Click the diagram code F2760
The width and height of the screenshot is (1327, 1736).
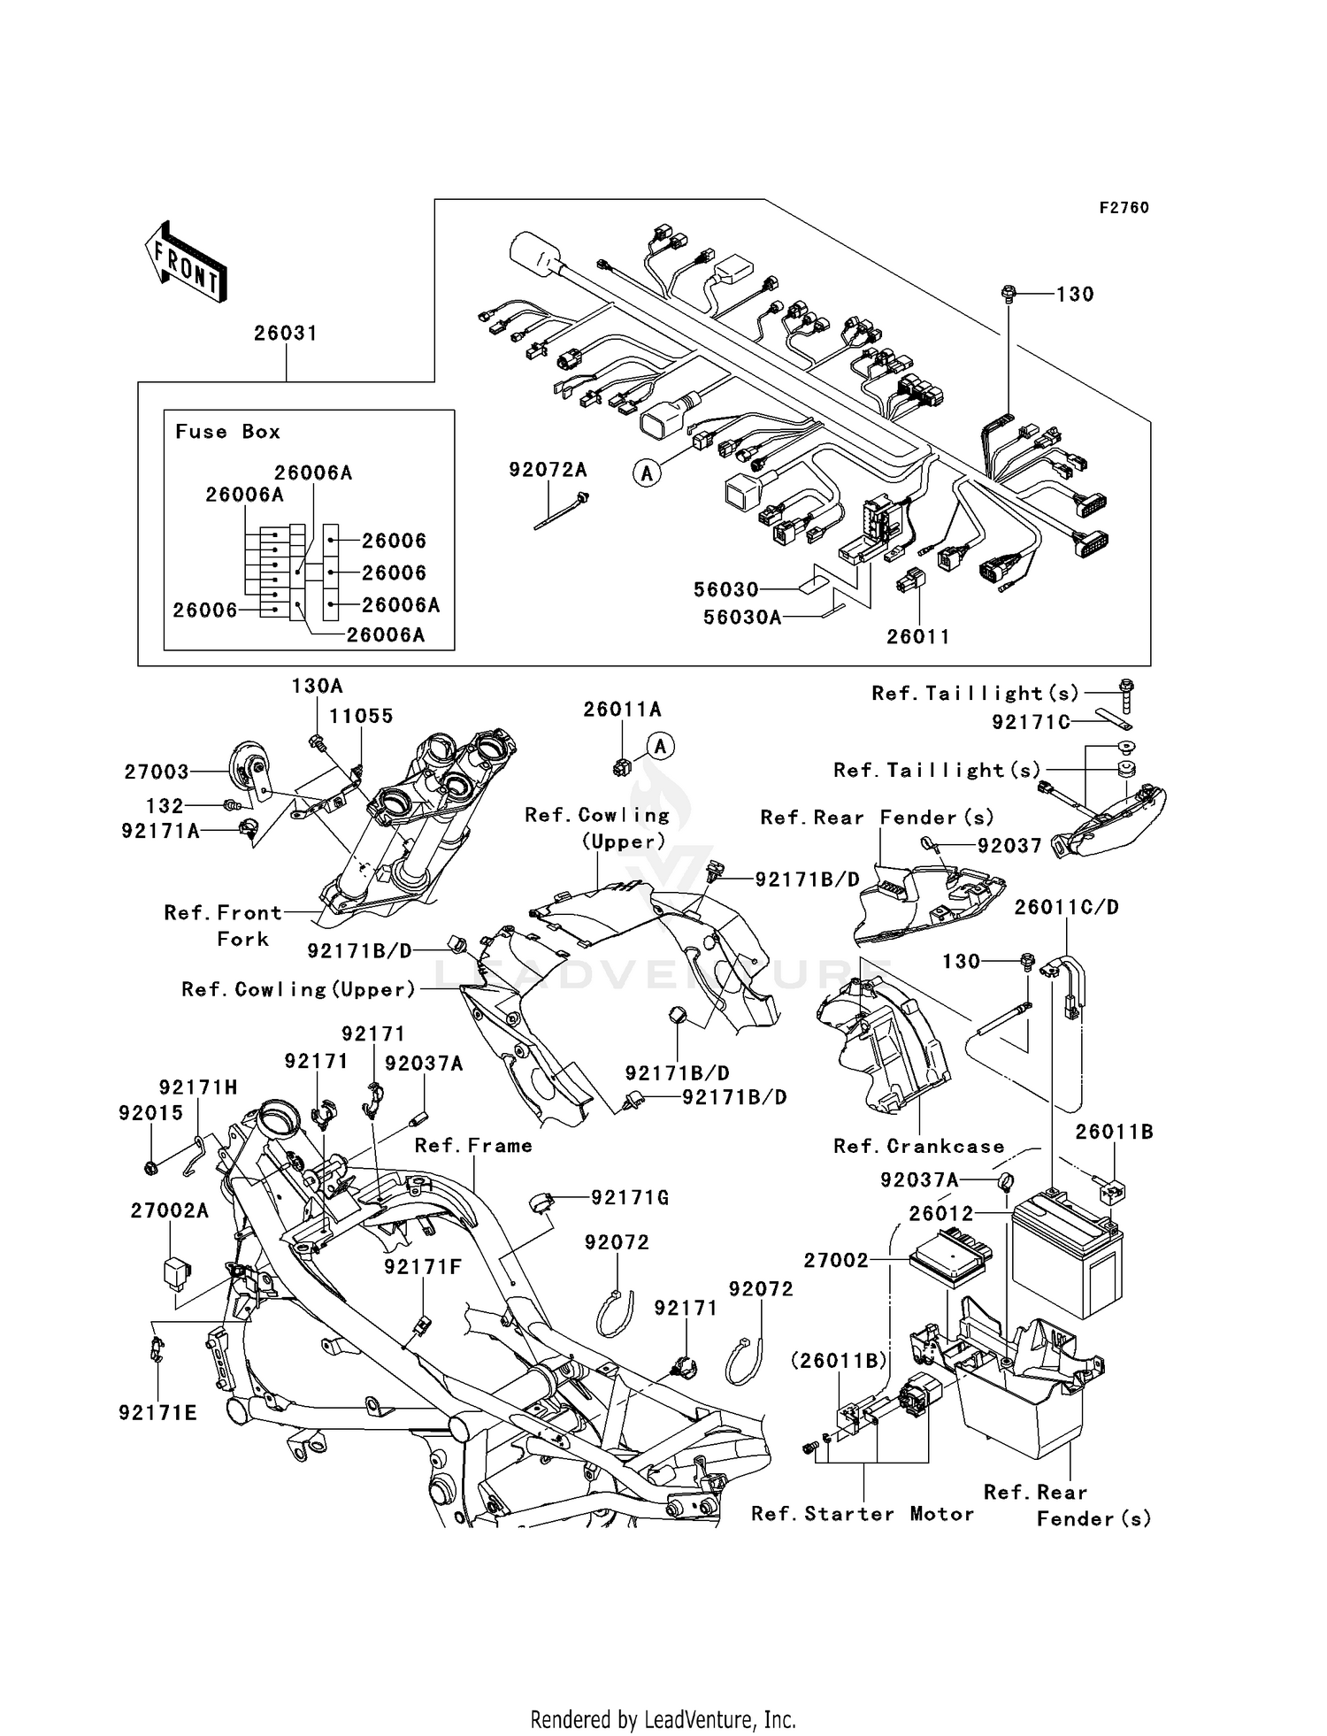click(1124, 208)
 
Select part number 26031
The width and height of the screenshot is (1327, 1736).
click(285, 334)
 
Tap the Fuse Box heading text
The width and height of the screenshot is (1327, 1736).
click(227, 432)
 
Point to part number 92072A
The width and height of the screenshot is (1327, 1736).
click(548, 470)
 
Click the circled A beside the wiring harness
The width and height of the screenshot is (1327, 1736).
click(648, 474)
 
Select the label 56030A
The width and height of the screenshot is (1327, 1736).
click(742, 618)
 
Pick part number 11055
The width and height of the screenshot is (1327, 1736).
click(361, 716)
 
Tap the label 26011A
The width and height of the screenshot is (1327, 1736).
click(622, 710)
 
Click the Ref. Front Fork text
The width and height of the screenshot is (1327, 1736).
click(224, 925)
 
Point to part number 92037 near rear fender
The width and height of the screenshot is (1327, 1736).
click(1009, 846)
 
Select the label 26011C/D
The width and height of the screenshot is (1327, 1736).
click(1066, 908)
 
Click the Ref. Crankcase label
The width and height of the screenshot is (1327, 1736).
click(918, 1147)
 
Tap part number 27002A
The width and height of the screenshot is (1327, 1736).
click(169, 1210)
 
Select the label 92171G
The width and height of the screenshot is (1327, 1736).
click(629, 1198)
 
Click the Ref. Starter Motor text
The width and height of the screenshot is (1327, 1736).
click(863, 1514)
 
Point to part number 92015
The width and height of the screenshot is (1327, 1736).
click(150, 1113)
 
